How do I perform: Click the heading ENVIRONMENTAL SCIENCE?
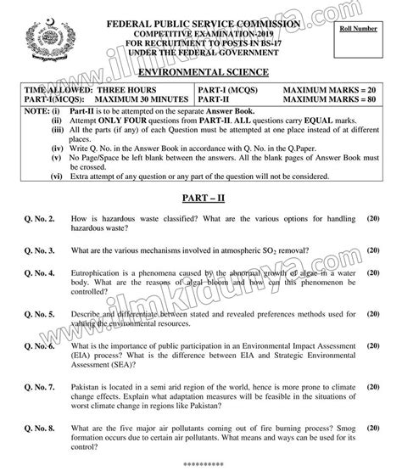point(200,74)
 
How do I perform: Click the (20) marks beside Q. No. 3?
point(372,251)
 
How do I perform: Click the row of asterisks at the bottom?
point(201,465)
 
